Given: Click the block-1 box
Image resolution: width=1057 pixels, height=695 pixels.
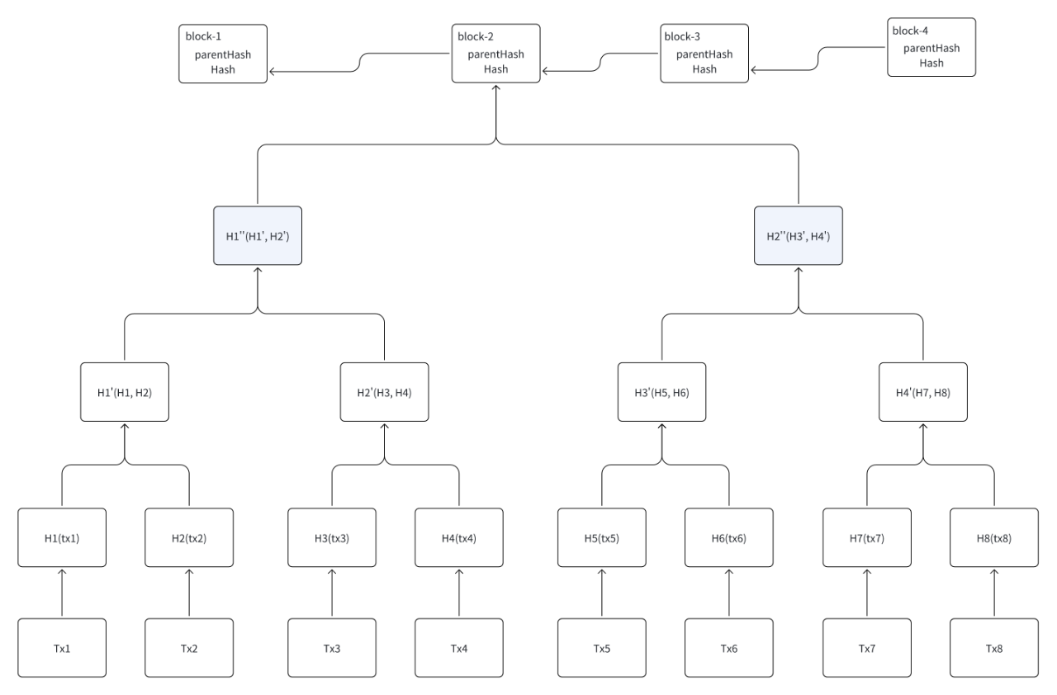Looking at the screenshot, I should click(224, 54).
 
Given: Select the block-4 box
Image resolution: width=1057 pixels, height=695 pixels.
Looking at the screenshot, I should click(931, 48).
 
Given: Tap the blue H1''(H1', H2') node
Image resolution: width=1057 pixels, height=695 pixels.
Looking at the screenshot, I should click(258, 236).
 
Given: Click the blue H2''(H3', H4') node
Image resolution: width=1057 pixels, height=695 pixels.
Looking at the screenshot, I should click(799, 236).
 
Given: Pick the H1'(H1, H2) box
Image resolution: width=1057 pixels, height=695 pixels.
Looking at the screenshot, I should click(125, 392).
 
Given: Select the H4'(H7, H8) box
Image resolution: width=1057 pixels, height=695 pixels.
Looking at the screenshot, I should click(922, 392).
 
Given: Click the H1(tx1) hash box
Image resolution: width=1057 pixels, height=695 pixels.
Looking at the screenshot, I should click(62, 538).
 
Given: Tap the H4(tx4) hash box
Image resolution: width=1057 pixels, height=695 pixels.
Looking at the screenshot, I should click(458, 538).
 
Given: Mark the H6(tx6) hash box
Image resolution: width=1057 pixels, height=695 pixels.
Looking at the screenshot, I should click(728, 538).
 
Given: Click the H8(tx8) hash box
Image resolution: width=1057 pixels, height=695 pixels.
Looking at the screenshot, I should click(993, 538).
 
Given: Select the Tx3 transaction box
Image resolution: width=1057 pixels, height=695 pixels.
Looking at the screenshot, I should click(332, 648).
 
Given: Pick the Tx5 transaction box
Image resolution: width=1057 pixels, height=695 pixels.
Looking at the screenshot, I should click(601, 648).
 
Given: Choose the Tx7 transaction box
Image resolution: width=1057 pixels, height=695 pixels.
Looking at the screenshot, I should click(867, 648).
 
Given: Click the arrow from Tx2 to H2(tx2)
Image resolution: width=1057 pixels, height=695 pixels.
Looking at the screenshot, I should click(189, 593).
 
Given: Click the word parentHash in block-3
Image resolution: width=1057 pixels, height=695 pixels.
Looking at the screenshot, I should click(704, 54).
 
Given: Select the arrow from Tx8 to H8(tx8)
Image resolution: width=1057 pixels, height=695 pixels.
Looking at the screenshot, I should click(993, 593).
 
